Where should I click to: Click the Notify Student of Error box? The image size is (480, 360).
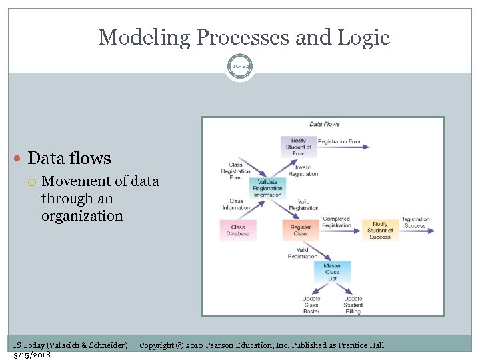[x=298, y=147]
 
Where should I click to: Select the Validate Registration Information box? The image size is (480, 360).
[x=267, y=188]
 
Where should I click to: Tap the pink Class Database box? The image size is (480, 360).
[x=238, y=230]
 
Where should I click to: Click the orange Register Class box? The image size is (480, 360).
[x=300, y=230]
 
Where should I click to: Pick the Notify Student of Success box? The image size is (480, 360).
[x=380, y=230]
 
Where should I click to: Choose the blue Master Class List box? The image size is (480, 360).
[x=332, y=271]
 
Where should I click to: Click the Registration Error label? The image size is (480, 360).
[x=339, y=141]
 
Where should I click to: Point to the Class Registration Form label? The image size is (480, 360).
[x=236, y=171]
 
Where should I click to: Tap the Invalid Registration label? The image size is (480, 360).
[x=303, y=171]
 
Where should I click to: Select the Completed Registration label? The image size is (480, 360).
[x=337, y=222]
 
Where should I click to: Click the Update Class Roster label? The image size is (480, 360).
[x=311, y=305]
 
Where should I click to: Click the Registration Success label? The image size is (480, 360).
[x=415, y=223]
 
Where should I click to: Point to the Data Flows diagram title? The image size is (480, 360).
[x=324, y=124]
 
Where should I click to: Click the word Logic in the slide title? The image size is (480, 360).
[x=365, y=37]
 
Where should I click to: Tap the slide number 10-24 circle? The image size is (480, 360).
[x=240, y=66]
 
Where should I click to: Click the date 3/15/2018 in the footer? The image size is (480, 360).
[x=31, y=354]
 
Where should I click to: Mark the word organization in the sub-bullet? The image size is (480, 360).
[x=82, y=216]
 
